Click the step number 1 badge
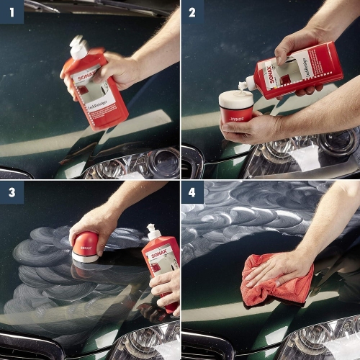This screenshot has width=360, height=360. click(12, 12)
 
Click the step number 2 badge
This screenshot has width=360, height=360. click(192, 12)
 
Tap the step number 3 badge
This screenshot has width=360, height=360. click(12, 192)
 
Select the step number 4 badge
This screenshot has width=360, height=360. click(192, 192)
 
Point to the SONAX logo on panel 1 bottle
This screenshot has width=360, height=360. click(88, 75)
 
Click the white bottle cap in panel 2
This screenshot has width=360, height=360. click(248, 84)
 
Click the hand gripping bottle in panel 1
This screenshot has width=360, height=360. click(115, 68)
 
